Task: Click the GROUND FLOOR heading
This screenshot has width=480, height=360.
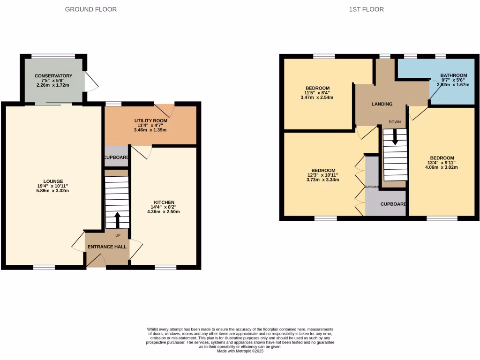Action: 91,9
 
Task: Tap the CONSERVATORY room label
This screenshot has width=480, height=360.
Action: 53,75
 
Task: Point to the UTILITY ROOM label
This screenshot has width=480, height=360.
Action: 151,120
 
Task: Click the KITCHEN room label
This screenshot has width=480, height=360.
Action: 164,202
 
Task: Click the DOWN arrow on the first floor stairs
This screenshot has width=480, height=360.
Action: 395,136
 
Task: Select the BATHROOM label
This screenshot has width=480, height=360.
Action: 454,75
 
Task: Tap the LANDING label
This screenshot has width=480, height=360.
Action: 382,104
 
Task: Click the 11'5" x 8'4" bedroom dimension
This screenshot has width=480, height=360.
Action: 317,94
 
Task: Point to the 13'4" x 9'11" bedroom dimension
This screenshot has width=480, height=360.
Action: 442,163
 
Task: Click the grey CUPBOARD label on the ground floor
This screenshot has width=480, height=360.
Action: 116,157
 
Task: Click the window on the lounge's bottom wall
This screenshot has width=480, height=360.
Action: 44,268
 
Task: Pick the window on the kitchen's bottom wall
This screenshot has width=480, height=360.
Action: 165,268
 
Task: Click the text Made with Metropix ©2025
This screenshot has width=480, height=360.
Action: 240,352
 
